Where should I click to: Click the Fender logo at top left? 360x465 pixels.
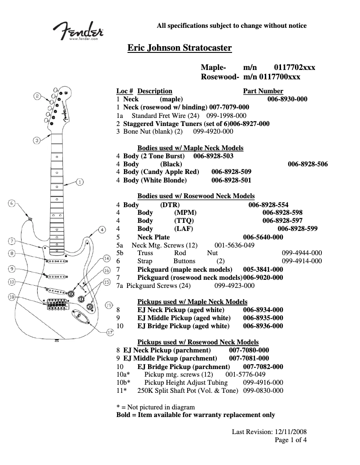tap(79, 31)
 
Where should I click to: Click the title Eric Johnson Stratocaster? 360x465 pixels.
tap(180, 48)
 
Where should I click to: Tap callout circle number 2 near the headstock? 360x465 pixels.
tap(38, 96)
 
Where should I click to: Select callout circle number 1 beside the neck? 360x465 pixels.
tap(79, 182)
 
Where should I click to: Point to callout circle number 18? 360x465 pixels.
tap(11, 297)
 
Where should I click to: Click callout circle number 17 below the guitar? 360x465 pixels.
tap(110, 332)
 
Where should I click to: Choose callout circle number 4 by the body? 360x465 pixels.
tap(102, 230)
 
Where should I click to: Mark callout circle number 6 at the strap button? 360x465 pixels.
tap(12, 203)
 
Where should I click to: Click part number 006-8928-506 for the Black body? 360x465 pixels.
tap(307, 164)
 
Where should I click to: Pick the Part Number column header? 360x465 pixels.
tap(263, 91)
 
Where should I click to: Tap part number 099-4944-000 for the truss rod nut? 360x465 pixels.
tap(302, 253)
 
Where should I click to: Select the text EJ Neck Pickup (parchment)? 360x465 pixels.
tap(167, 350)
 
